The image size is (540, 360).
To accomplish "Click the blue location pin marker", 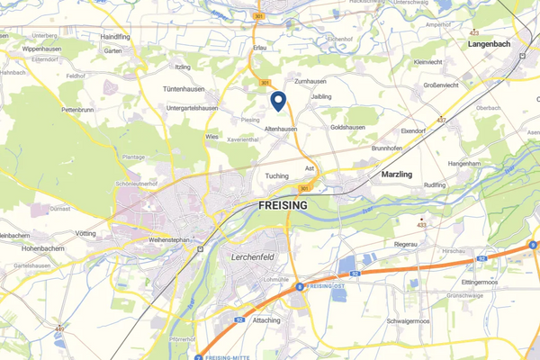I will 278,103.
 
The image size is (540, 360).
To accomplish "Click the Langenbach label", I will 491,42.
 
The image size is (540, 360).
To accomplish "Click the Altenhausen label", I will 281,129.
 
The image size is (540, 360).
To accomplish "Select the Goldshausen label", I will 348,127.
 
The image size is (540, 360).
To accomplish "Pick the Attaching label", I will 266,319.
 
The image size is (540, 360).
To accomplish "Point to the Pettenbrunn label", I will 78,110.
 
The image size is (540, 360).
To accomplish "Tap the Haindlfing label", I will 116,37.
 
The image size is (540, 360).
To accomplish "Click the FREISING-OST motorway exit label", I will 326,285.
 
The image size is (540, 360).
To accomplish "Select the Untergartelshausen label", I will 193,108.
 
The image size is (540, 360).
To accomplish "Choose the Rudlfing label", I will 435,184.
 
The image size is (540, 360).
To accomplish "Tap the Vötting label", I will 85,233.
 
